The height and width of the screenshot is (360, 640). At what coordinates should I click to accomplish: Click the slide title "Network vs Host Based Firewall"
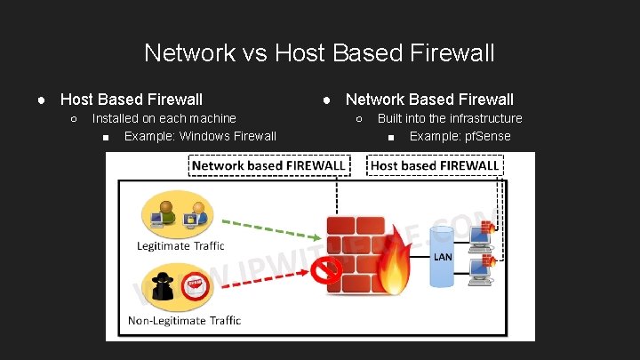[319, 53]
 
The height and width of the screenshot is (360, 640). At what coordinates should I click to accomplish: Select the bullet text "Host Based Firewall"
[131, 100]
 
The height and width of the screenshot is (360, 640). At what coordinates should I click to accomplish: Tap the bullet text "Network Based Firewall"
[429, 100]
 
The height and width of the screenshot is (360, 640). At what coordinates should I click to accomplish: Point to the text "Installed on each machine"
[164, 118]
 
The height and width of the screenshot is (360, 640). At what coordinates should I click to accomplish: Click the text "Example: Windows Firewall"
[200, 136]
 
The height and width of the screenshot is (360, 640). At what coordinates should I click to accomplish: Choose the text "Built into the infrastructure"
[450, 118]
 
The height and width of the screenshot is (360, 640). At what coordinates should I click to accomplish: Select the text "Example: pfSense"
[460, 136]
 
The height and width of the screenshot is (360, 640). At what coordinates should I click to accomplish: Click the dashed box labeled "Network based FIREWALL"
[268, 165]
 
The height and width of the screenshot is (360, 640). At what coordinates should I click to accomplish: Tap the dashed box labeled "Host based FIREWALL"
[434, 165]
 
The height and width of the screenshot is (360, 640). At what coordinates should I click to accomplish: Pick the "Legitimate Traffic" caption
[180, 245]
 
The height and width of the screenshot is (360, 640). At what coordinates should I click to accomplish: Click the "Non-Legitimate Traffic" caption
[185, 320]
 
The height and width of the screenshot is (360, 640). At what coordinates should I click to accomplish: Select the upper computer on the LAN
[481, 236]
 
